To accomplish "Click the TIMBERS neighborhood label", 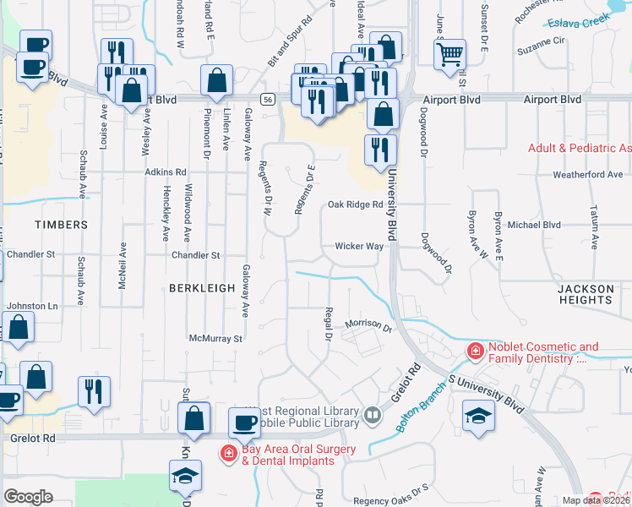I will click(61, 225).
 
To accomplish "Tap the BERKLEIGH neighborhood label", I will click(201, 288).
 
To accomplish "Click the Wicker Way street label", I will click(360, 247).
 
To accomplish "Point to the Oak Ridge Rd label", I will click(356, 204).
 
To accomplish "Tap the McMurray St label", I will click(215, 338).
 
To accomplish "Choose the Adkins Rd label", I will click(164, 172).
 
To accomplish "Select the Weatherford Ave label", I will click(587, 175).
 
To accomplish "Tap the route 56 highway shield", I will click(266, 99).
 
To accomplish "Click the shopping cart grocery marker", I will click(450, 54).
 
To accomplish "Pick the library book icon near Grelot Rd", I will click(372, 415).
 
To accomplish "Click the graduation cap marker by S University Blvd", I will click(478, 415).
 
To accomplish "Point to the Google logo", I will click(29, 496).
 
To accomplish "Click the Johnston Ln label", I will click(32, 306).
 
